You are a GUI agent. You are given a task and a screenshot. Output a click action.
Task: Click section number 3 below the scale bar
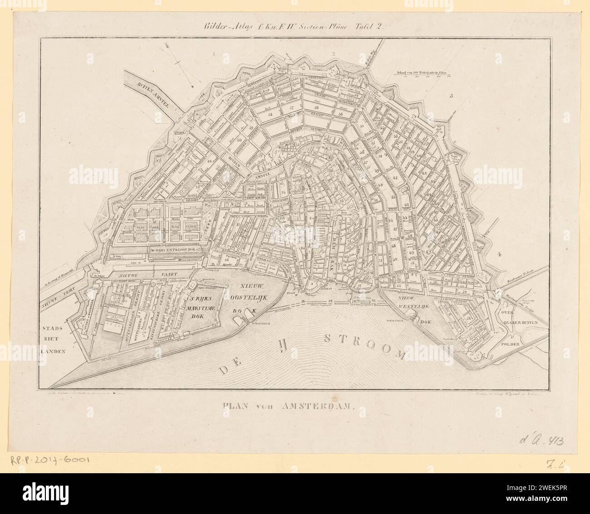tap(451, 96)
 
